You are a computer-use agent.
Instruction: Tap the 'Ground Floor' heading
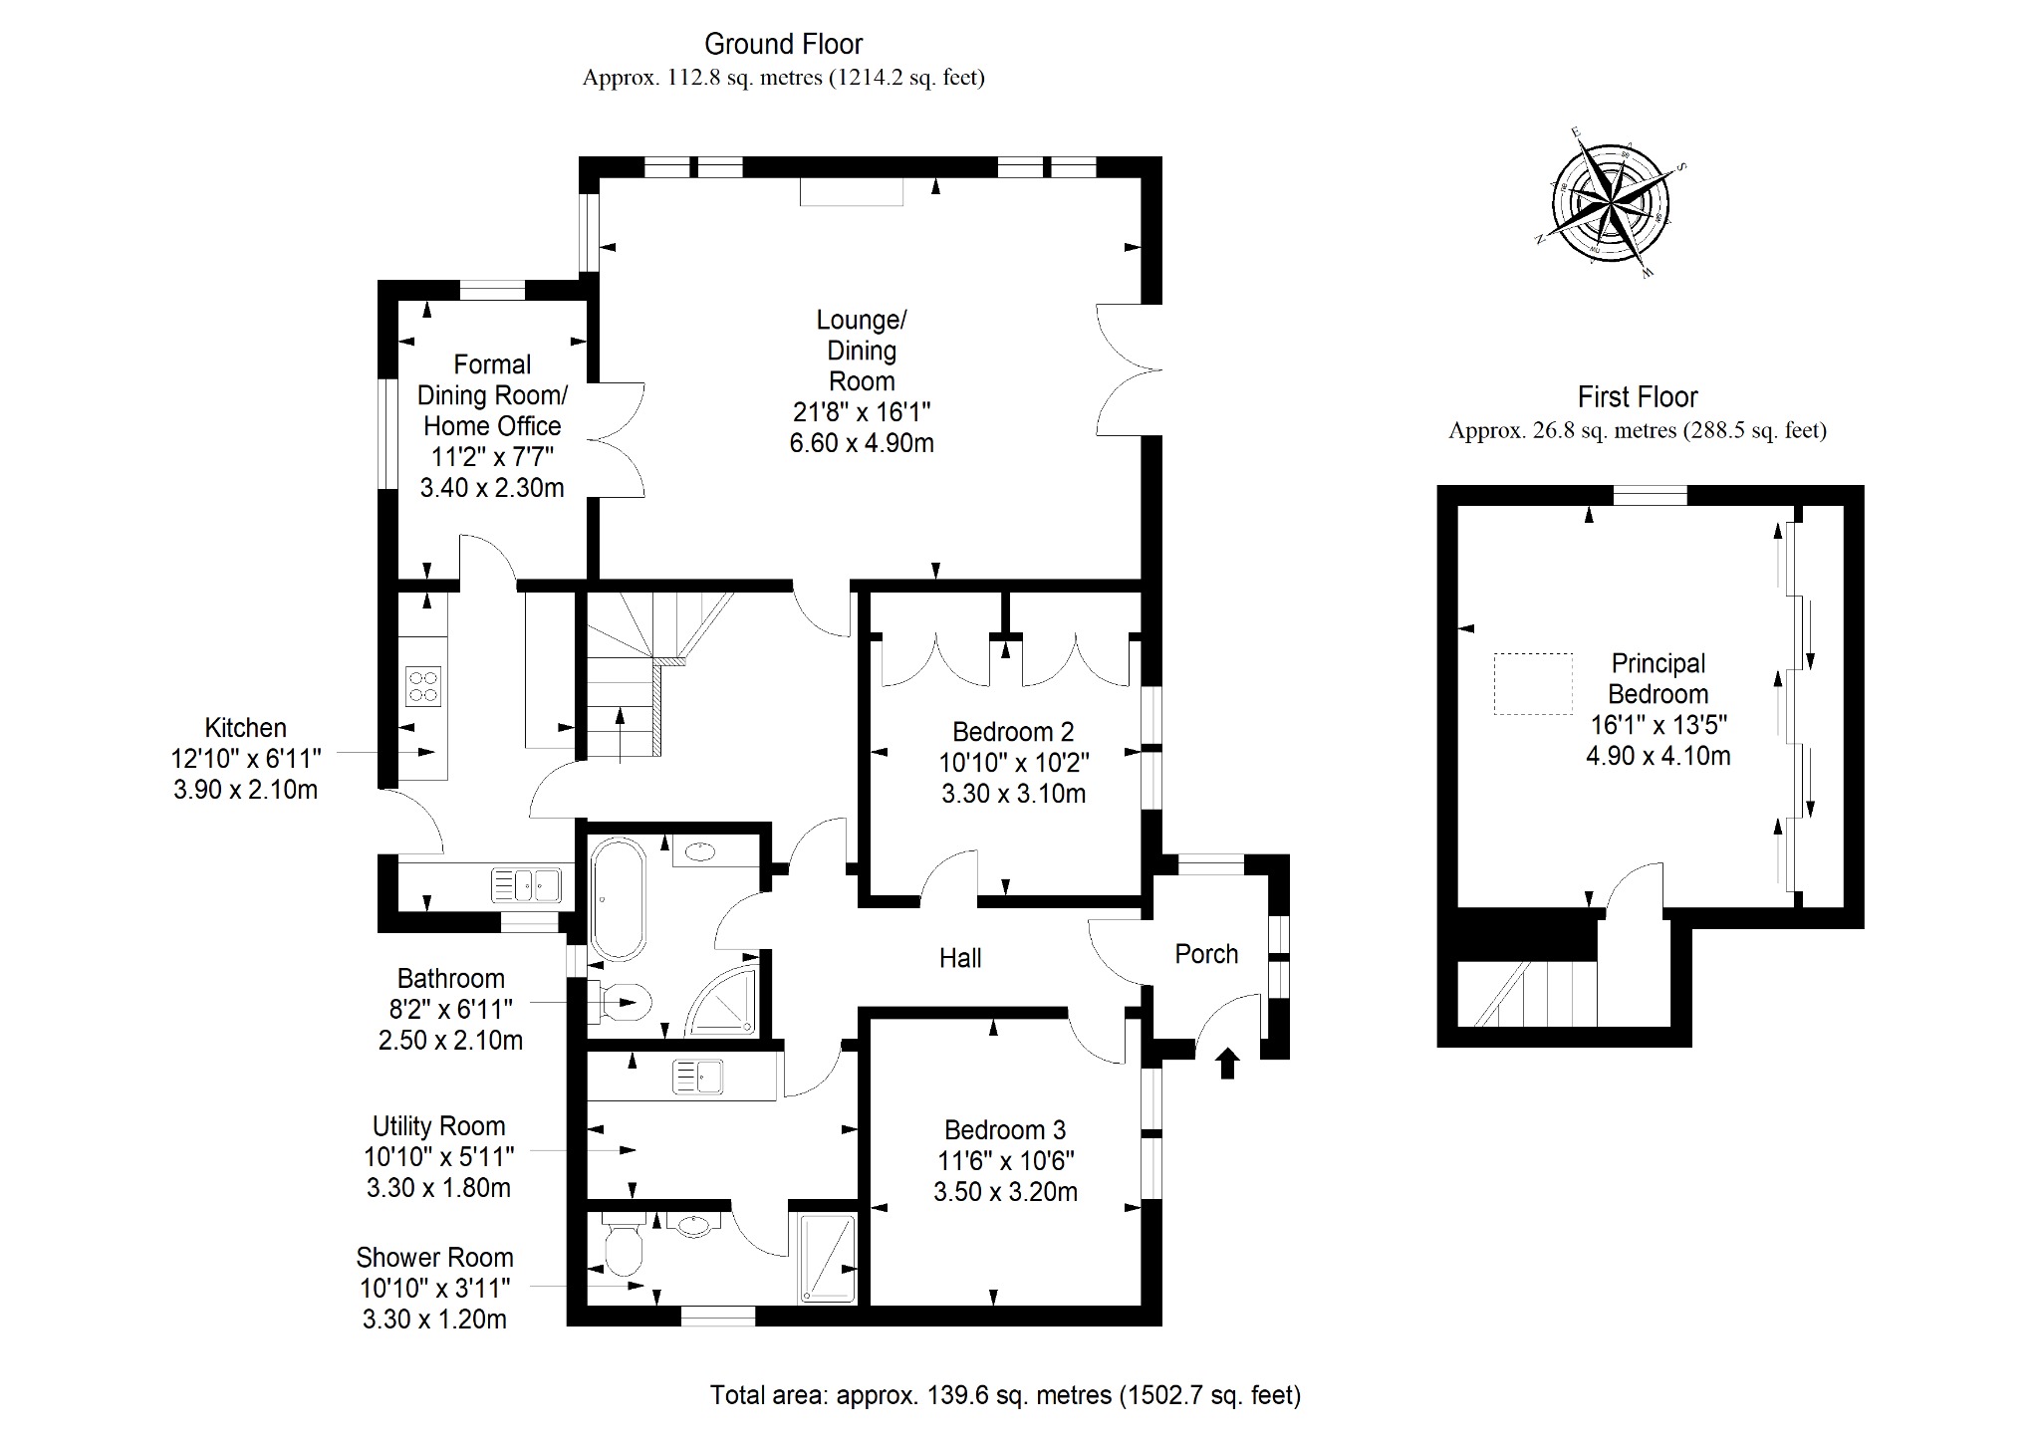pos(783,44)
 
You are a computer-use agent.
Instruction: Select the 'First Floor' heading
pos(1637,397)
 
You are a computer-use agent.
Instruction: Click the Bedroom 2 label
pos(1013,732)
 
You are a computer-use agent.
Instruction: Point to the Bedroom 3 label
pos(1005,1130)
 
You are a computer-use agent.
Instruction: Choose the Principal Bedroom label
pos(1658,678)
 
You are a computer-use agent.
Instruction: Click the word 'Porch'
pos(1206,954)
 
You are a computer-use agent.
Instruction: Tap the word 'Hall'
pos(960,958)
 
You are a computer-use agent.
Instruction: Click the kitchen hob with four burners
pos(423,685)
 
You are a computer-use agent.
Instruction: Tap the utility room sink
pos(697,1077)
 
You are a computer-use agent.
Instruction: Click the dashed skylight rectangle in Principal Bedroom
pos(1532,683)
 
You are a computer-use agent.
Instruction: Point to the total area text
pos(1005,1395)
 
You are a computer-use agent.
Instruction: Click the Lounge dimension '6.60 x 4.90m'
pos(862,443)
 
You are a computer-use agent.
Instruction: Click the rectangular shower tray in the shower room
pos(827,1257)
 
